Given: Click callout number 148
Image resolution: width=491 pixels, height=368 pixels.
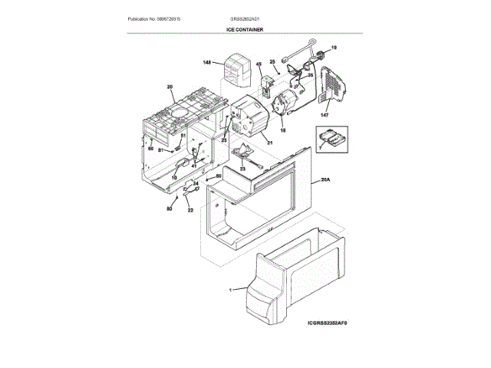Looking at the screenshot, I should point(207,62).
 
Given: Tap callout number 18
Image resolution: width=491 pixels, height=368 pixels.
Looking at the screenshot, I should point(282,131).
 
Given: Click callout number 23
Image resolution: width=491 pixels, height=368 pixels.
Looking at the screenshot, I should point(242,169).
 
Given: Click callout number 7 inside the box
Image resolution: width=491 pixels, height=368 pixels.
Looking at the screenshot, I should point(319,143).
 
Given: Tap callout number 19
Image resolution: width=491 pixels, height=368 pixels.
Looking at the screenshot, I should point(334,48).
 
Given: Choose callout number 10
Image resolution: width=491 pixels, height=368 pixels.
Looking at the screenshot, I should point(173,177).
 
